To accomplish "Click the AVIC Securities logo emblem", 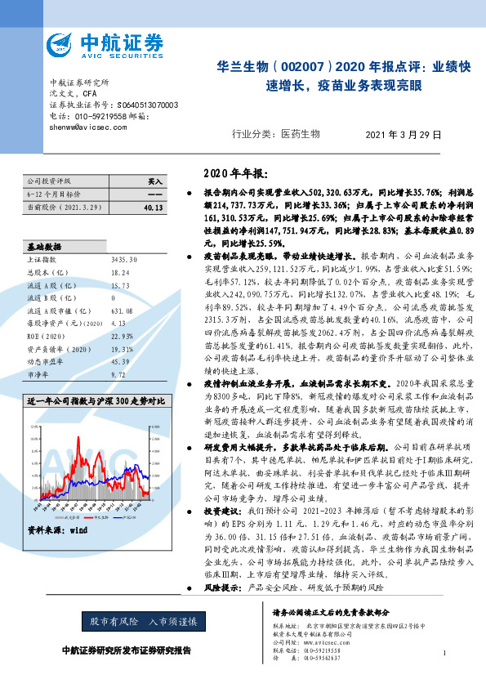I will pyautogui.click(x=63, y=46).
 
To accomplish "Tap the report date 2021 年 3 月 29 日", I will pyautogui.click(x=404, y=134).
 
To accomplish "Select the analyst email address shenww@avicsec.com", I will pyautogui.click(x=84, y=127).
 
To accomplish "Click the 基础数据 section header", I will pyautogui.click(x=45, y=245).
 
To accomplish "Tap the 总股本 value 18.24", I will pyautogui.click(x=119, y=273).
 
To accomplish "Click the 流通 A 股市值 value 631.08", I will pyautogui.click(x=121, y=310).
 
